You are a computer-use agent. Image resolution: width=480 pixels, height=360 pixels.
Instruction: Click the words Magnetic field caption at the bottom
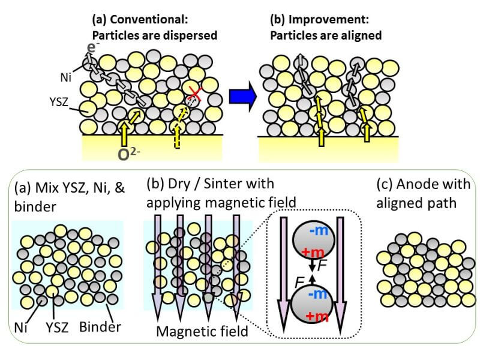[201, 331]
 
